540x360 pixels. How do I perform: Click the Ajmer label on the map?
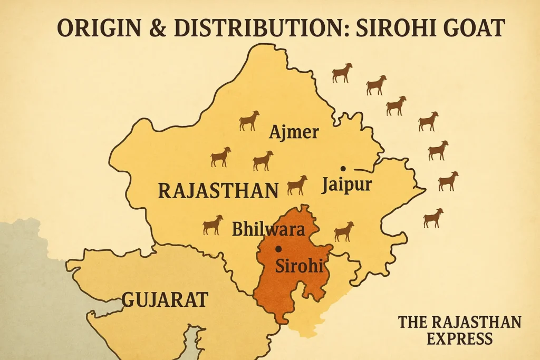coord(294,132)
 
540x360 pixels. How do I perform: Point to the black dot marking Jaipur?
coord(343,168)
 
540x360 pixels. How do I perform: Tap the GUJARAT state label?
coord(165,300)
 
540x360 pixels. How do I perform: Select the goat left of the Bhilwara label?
coord(213,225)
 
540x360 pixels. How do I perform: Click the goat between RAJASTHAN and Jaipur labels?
coord(297,185)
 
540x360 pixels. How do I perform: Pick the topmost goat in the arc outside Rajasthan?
coord(342,73)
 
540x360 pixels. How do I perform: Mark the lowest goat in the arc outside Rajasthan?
coord(433,218)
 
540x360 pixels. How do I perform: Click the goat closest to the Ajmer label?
coord(249,121)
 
